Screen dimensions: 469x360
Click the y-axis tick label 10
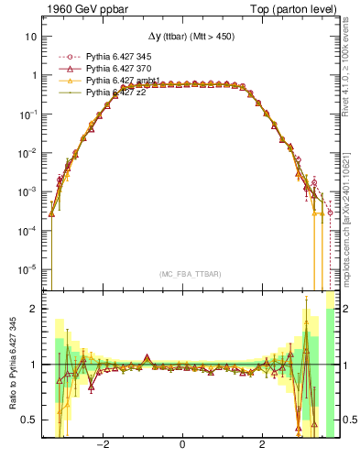click(x=31, y=38)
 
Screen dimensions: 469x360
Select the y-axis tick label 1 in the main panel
click(x=34, y=76)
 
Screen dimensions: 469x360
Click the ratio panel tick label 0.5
click(x=29, y=420)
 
